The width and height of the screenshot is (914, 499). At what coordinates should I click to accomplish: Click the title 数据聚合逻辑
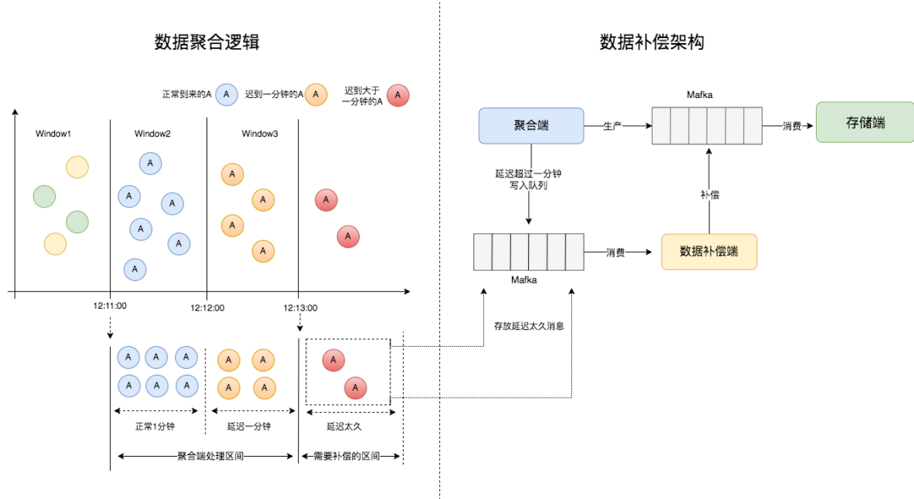(x=206, y=42)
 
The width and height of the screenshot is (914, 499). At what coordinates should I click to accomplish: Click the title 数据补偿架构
(x=652, y=42)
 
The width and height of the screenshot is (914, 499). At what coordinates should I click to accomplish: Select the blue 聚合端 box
(x=531, y=125)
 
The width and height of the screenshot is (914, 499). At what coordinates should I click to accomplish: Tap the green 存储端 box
(x=864, y=123)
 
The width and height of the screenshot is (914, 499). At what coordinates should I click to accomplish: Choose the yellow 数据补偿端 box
(x=708, y=252)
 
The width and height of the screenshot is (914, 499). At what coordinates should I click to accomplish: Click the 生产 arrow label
(x=613, y=125)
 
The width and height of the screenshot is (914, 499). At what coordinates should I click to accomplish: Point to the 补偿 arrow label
(x=709, y=195)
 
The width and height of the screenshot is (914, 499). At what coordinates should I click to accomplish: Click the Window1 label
(x=53, y=134)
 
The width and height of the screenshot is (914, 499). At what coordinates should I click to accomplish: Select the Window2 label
(x=152, y=134)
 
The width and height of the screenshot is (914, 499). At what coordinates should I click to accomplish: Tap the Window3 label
(x=260, y=134)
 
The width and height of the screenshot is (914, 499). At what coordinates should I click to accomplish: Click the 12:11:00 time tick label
(x=109, y=306)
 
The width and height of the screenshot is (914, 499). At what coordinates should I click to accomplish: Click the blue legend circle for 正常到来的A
(x=227, y=94)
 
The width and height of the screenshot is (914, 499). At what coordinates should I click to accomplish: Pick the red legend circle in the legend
(x=398, y=94)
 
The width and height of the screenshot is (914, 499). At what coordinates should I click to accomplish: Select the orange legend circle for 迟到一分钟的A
(x=316, y=94)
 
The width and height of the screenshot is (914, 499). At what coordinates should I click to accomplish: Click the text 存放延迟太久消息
(x=529, y=326)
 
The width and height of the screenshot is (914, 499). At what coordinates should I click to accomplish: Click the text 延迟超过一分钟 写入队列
(x=529, y=178)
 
